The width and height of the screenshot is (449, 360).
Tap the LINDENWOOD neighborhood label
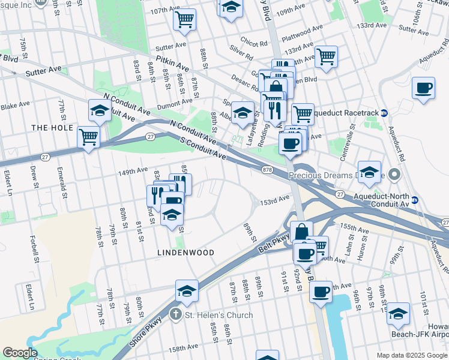pyautogui.click(x=185, y=253)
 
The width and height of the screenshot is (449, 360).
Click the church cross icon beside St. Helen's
pyautogui.click(x=175, y=314)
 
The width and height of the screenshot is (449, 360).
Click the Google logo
pyautogui.click(x=20, y=353)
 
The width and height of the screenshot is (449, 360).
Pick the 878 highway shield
pyautogui.click(x=268, y=170)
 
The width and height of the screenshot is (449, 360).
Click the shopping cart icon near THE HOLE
pyautogui.click(x=89, y=137)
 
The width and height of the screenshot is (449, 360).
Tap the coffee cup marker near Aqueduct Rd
pyautogui.click(x=424, y=88)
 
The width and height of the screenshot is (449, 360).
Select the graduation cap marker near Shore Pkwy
pyautogui.click(x=187, y=292)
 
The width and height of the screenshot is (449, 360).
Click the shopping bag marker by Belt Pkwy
pyautogui.click(x=301, y=232)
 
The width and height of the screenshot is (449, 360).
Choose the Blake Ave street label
pyautogui.click(x=15, y=105)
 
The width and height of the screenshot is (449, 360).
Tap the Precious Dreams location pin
pyautogui.click(x=394, y=175)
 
